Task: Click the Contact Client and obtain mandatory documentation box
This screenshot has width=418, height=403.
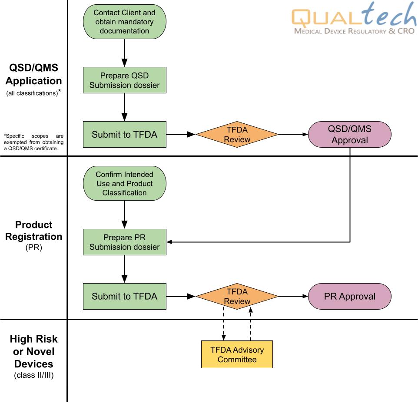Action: [124, 22]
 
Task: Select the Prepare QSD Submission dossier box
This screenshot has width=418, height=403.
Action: [124, 80]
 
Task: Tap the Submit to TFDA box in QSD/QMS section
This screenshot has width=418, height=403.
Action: [124, 135]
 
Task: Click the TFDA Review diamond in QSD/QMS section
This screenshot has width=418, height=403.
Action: [237, 135]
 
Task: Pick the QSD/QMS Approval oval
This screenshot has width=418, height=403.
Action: [349, 135]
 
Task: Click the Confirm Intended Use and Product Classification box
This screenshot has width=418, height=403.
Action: [124, 183]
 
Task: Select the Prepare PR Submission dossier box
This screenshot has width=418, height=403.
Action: [124, 242]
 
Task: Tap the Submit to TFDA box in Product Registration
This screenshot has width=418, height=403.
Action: [124, 297]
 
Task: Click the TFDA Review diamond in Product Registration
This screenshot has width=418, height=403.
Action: [237, 297]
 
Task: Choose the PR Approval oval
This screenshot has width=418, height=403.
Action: [349, 297]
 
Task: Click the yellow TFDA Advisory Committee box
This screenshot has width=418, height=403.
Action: [237, 354]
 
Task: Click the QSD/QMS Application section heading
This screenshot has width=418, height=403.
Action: [33, 74]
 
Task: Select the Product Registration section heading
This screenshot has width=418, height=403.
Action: [33, 231]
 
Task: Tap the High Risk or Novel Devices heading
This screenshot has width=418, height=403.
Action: [33, 351]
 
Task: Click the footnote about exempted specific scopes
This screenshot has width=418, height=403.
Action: [33, 142]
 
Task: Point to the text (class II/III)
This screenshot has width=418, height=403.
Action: [33, 376]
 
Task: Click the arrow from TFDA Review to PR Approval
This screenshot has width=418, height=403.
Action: [293, 297]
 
